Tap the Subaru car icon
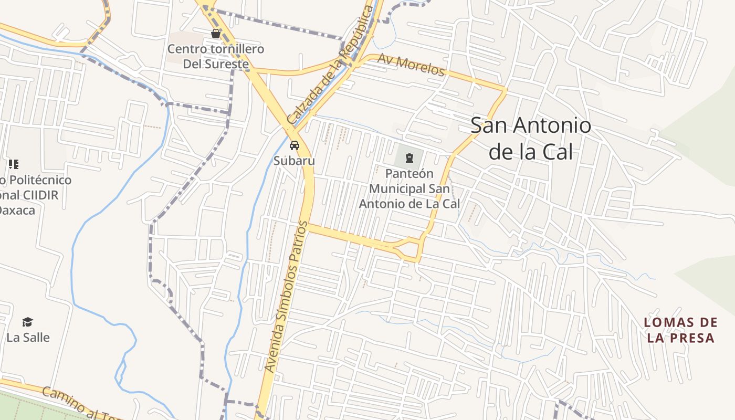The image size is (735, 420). point(294,145)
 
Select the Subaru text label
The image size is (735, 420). point(294,161)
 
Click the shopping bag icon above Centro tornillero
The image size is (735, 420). point(215,34)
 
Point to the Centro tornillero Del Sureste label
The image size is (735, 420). point(215,57)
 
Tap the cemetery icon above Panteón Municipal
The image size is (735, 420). point(409,156)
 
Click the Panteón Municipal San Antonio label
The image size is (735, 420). point(409,188)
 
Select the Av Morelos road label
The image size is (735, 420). point(411,65)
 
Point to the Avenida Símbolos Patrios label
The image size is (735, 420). point(286,297)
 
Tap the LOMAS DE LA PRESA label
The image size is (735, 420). point(680,330)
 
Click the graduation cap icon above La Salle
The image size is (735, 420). point(27,322)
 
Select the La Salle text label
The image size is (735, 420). point(28,338)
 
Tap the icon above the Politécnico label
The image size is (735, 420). point(14,164)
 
